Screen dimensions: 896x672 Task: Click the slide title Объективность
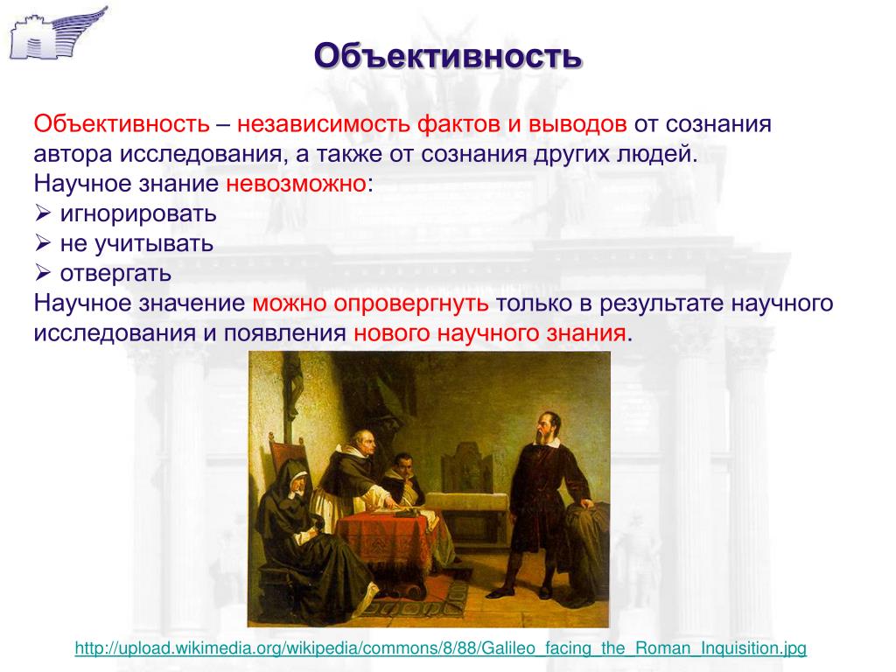pos(448,57)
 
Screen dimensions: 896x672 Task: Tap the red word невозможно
pos(296,184)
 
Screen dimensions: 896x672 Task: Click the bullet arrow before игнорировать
pos(43,213)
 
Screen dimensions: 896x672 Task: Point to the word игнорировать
pos(138,214)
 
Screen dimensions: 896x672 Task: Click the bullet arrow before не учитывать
pos(43,243)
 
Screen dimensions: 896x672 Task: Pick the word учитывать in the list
pos(154,244)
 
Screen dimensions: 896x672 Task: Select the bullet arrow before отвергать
pos(43,273)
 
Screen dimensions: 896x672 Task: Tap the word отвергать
pos(115,274)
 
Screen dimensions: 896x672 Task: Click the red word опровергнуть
pos(411,304)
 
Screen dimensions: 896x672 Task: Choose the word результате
pos(661,304)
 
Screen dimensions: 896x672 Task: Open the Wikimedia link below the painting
pos(441,648)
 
